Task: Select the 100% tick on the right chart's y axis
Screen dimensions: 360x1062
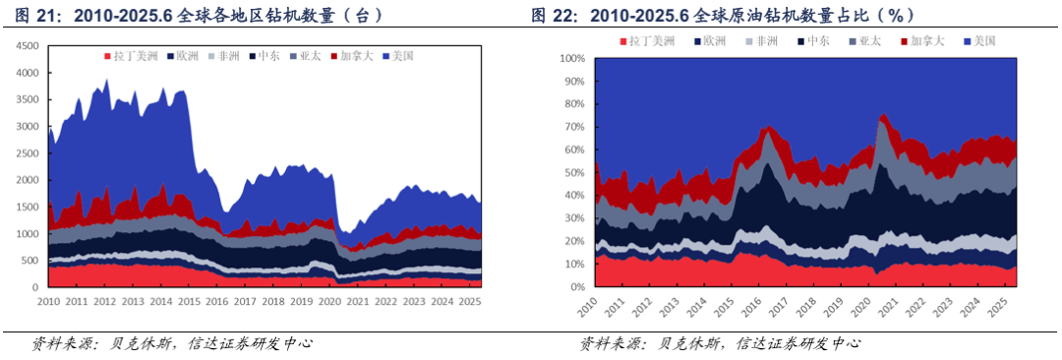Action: coord(572,58)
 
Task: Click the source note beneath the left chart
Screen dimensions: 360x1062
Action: coord(172,343)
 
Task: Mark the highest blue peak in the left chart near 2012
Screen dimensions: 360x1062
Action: coord(106,81)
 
